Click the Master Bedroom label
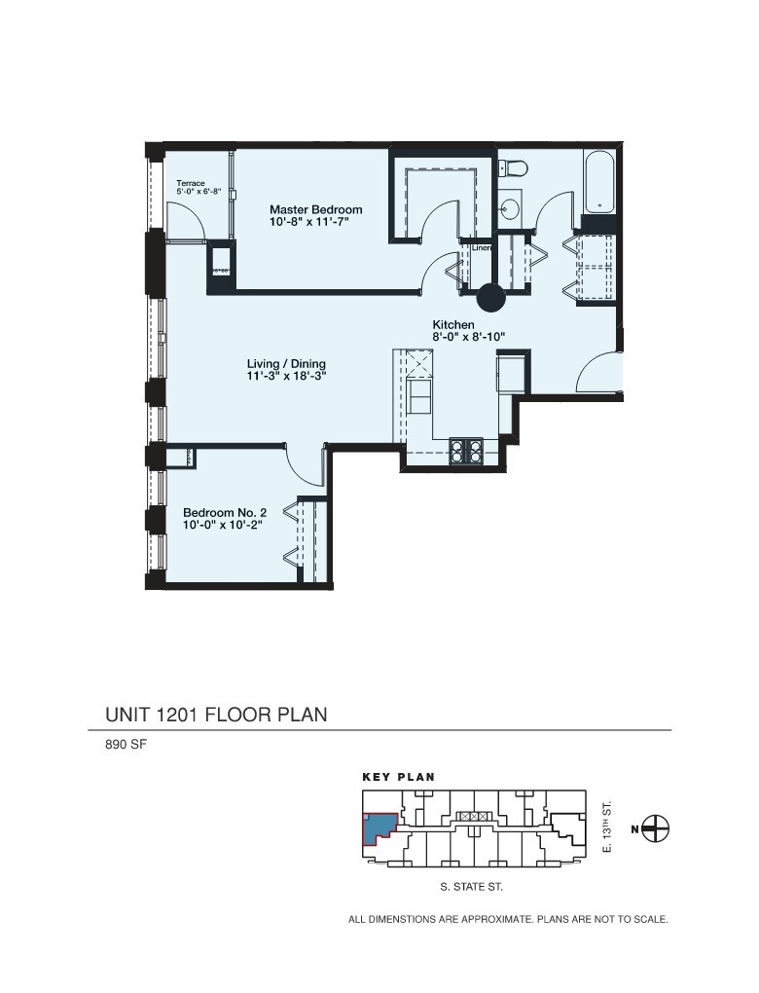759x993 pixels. [316, 209]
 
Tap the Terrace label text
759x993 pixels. [191, 183]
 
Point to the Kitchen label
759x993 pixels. [453, 324]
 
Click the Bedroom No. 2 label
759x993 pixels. [224, 512]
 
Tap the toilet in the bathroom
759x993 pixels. [513, 167]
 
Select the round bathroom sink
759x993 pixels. [511, 207]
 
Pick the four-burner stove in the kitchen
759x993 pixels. [467, 450]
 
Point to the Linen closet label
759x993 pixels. [482, 248]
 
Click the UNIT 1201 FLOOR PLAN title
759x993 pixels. [216, 715]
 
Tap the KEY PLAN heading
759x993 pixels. [399, 778]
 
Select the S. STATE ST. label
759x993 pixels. [472, 888]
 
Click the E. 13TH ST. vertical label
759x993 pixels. [606, 827]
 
